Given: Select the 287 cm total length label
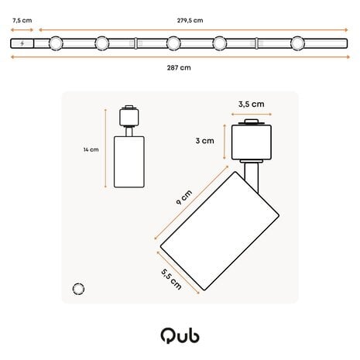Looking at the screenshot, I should (x=179, y=67).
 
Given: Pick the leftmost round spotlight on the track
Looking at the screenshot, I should (x=55, y=43).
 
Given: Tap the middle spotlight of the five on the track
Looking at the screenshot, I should (x=173, y=43).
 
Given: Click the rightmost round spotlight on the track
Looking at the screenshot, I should (x=298, y=43).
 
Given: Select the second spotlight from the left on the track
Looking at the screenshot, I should (x=101, y=43).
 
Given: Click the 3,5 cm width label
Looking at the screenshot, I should (x=252, y=103).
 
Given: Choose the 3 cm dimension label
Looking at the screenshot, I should (x=204, y=141).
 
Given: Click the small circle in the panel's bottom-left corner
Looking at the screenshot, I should (x=77, y=289).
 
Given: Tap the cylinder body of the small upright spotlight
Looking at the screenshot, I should (x=129, y=160).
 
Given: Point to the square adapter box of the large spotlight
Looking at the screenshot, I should (x=250, y=142).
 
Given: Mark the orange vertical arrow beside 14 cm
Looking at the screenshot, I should (x=105, y=149).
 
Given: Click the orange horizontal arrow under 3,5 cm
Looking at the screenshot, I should (x=252, y=112).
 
